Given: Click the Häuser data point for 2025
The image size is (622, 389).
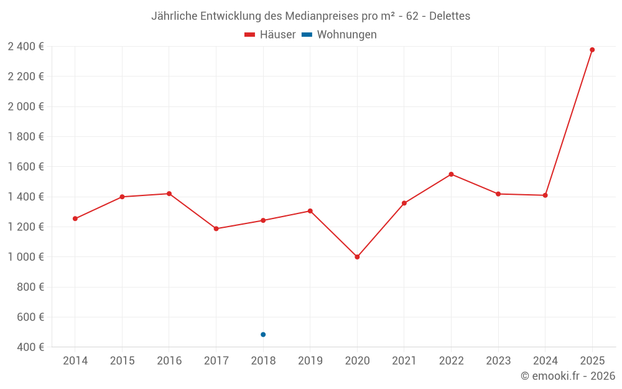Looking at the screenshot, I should coord(592,50).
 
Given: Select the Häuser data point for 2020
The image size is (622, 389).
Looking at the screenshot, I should coord(357,257).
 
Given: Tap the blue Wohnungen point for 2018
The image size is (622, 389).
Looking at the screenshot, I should coord(263,335).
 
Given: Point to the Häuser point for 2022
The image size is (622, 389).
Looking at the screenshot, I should coord(451,174).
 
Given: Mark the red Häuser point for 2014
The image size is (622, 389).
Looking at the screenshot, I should coord(75,218).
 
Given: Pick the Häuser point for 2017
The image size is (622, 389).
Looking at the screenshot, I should coord(216,228).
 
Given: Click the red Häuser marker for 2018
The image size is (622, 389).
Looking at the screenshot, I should coord(263,220).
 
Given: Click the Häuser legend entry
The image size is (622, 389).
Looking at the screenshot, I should coord(270,35).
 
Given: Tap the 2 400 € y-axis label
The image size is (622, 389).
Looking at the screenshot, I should coord(26,47).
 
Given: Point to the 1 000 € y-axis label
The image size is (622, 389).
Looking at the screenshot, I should coord(26,257).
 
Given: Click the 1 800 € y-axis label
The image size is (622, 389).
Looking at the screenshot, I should coord(26,137).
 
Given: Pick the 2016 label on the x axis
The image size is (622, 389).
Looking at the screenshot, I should coord(169,361).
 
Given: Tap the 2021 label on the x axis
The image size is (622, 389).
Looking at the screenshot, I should coord(404,361).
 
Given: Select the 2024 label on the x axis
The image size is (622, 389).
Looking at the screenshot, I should coord(545,361).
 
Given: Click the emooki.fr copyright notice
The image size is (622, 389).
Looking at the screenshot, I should coord(567,376).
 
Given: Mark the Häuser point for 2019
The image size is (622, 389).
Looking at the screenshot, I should coord(310,211).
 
